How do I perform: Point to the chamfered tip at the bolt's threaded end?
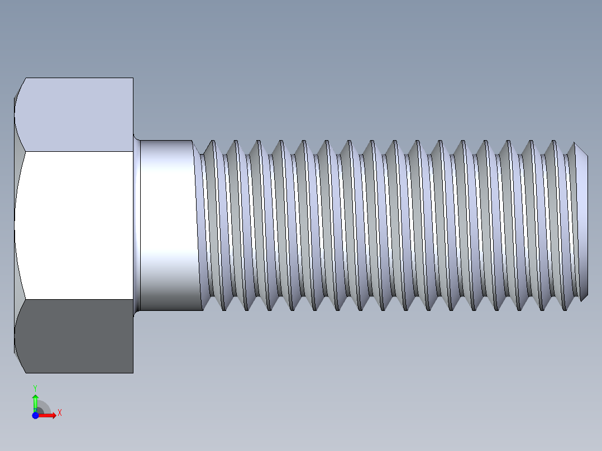pyautogui.click(x=581, y=223)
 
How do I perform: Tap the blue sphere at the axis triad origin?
pyautogui.click(x=35, y=415)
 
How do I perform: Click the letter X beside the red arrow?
pyautogui.click(x=59, y=413)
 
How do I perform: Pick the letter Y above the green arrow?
pyautogui.click(x=35, y=387)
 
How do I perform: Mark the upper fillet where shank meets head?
pyautogui.click(x=136, y=137)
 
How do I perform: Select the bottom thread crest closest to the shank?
pyautogui.click(x=223, y=309)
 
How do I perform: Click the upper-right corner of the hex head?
pyautogui.click(x=133, y=78)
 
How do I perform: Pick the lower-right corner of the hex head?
pyautogui.click(x=133, y=372)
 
